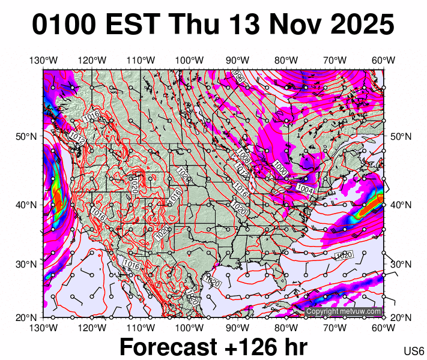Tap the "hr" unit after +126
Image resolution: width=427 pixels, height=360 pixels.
pyautogui.click(x=294, y=347)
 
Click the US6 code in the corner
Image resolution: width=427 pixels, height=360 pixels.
pyautogui.click(x=414, y=350)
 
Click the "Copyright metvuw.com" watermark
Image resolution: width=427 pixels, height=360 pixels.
pyautogui.click(x=344, y=311)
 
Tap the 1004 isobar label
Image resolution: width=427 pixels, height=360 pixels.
pyautogui.click(x=305, y=189)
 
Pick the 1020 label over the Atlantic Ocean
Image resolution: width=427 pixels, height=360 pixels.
pyautogui.click(x=343, y=256)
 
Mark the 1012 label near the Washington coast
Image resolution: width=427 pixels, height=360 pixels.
pyautogui.click(x=77, y=138)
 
